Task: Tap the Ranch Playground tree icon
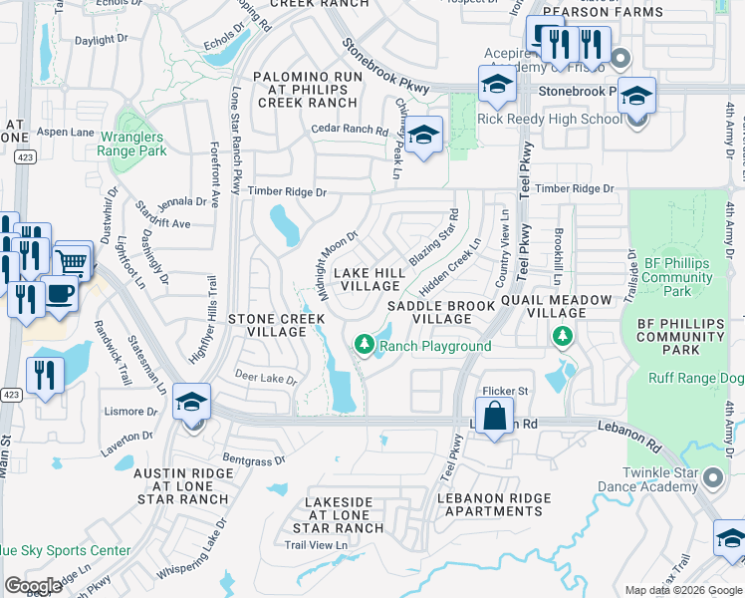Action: (365, 345)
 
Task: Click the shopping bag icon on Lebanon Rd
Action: (495, 417)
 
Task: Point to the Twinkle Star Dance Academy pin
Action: (713, 478)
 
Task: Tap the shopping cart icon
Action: (71, 262)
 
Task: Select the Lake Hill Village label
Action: (369, 279)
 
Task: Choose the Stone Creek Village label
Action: (276, 325)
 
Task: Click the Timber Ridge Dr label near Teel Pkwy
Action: (574, 188)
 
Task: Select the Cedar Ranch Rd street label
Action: (349, 130)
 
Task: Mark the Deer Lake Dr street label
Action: (266, 380)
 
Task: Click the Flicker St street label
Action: (505, 390)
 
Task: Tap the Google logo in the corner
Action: (34, 586)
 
